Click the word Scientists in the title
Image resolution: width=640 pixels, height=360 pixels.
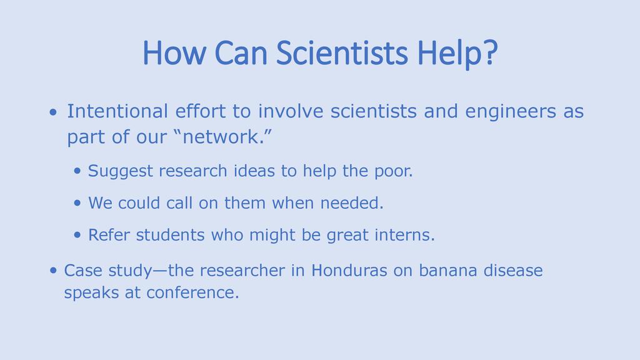[342, 53]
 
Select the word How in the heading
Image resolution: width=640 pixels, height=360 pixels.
[174, 53]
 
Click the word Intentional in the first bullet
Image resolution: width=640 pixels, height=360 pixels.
[117, 111]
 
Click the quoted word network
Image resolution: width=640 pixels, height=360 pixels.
[223, 137]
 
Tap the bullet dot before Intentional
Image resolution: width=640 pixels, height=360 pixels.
[53, 112]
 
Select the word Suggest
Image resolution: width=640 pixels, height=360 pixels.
[121, 171]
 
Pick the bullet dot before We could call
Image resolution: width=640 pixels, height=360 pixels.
[77, 203]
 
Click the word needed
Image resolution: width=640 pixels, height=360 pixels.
[352, 203]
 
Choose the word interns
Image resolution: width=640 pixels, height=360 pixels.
[404, 235]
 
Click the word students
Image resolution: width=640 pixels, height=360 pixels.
[170, 235]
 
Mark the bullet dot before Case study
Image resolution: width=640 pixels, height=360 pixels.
[53, 270]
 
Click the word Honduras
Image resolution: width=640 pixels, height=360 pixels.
[349, 270]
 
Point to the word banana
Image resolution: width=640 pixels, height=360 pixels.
[447, 270]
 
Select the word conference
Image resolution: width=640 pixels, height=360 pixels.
[192, 292]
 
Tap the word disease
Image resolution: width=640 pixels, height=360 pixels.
[513, 270]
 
